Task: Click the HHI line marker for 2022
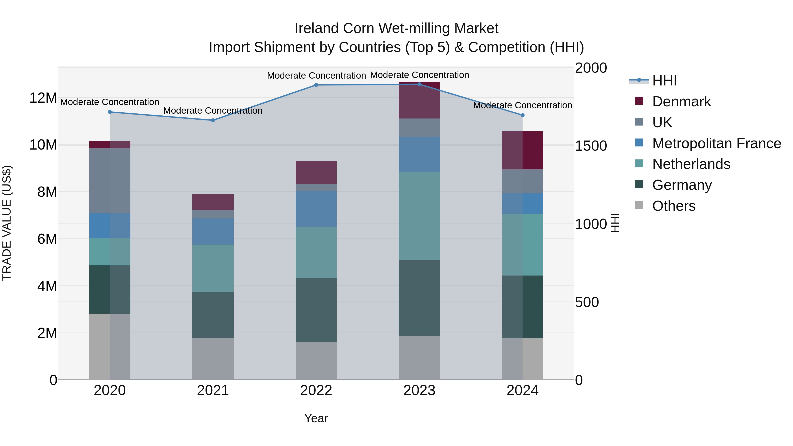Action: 316,85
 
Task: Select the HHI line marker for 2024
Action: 522,115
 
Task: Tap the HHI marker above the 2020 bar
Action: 110,112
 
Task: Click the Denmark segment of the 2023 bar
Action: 419,100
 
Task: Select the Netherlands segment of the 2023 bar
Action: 419,216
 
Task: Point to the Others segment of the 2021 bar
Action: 213,359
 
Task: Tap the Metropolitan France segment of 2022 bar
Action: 316,209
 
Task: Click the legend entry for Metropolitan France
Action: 716,143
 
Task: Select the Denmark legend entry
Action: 681,102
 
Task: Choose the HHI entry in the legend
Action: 664,81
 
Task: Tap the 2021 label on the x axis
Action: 213,390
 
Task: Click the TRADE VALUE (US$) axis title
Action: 7,223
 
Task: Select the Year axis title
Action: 316,418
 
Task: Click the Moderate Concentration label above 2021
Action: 213,111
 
